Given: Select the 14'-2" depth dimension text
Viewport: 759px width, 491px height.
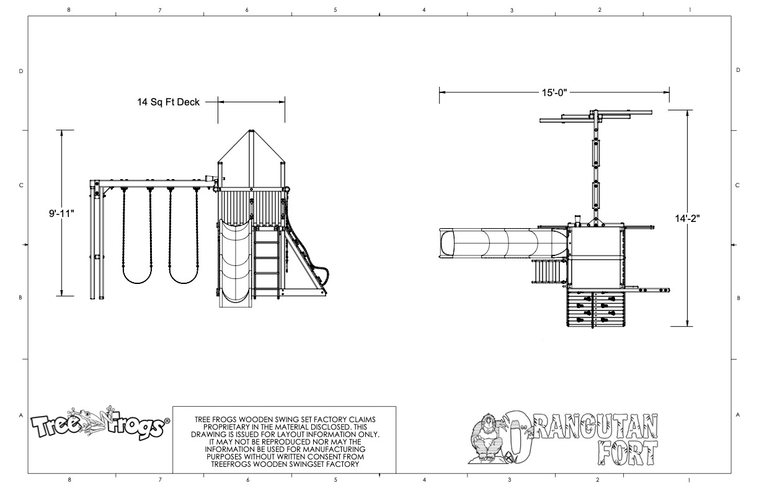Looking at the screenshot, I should click(x=689, y=218).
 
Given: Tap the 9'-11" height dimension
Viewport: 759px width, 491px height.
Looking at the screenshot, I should click(x=61, y=213).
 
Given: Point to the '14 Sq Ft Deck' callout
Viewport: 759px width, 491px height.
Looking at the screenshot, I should click(x=169, y=102).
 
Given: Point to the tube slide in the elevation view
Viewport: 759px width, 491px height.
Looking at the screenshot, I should click(x=236, y=263).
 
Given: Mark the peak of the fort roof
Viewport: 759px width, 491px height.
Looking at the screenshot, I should click(x=251, y=131).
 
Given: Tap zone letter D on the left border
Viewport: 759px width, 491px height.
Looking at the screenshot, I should click(x=20, y=71).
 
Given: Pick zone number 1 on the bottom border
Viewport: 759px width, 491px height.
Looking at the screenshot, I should click(x=690, y=480).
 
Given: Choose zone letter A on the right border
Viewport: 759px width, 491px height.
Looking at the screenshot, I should click(x=738, y=415).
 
